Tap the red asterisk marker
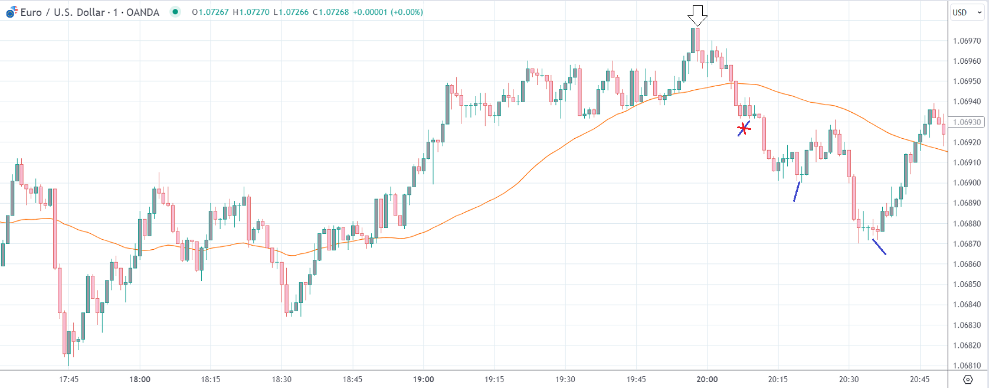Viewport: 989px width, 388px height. click(744, 128)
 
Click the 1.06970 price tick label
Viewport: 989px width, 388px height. click(967, 41)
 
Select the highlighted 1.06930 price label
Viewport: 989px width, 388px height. click(967, 122)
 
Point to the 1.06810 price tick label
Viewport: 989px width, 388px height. click(967, 366)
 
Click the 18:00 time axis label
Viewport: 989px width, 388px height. click(140, 379)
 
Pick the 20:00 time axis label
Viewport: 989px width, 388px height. click(707, 379)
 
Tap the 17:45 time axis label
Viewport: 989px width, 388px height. click(69, 379)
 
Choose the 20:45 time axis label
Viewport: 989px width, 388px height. click(919, 379)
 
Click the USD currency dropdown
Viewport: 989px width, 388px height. click(967, 12)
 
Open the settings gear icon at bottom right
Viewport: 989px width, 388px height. click(968, 379)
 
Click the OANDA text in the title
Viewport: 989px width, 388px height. click(143, 12)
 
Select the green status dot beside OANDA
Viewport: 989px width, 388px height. click(175, 12)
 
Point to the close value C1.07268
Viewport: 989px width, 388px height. click(330, 12)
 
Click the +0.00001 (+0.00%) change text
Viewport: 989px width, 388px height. click(388, 12)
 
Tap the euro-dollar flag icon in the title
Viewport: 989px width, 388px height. click(11, 12)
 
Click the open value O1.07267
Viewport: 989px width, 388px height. click(210, 12)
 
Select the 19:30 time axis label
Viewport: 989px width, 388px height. click(565, 379)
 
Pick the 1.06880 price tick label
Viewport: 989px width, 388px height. click(967, 223)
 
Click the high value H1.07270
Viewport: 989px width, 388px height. click(251, 12)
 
